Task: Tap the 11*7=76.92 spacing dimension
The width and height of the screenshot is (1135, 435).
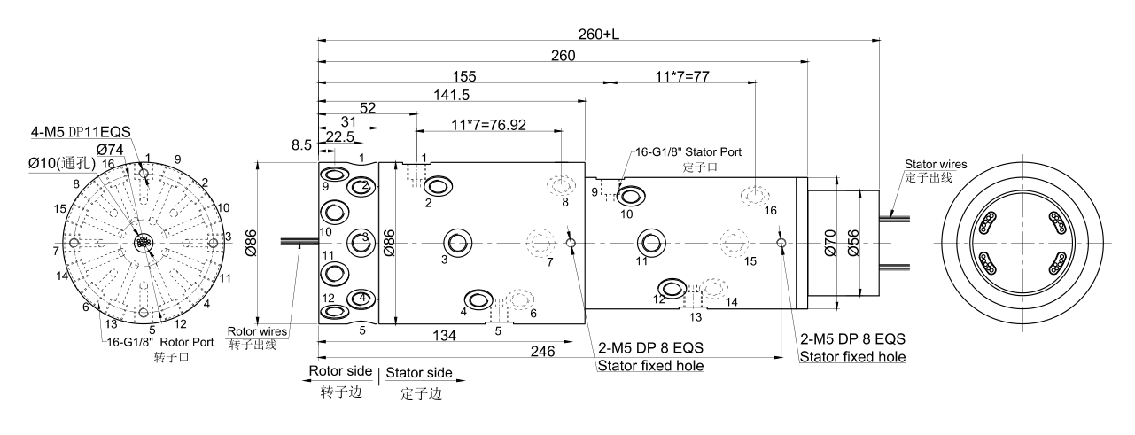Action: [488, 125]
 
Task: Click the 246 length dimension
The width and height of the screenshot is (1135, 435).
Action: [543, 351]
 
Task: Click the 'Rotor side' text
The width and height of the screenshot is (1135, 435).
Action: [340, 371]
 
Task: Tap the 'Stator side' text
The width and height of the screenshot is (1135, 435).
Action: [419, 372]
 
